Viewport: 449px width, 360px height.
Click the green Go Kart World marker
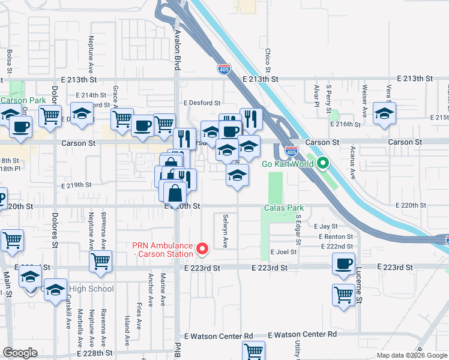pos(322,163)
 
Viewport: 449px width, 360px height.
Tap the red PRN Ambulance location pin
pos(202,247)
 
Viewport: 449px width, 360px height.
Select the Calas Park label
pos(284,208)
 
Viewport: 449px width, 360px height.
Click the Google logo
pos(20,353)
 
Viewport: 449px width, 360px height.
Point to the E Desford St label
pos(202,103)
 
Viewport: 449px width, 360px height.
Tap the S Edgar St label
pos(298,227)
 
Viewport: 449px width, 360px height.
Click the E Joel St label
pos(284,253)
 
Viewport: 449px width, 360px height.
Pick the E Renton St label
pos(336,236)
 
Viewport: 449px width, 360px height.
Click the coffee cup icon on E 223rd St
pos(344,264)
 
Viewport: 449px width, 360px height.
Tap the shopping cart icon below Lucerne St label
pos(343,295)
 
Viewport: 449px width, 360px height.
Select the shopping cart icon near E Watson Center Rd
pos(253,350)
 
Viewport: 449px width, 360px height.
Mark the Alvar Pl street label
pos(316,95)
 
